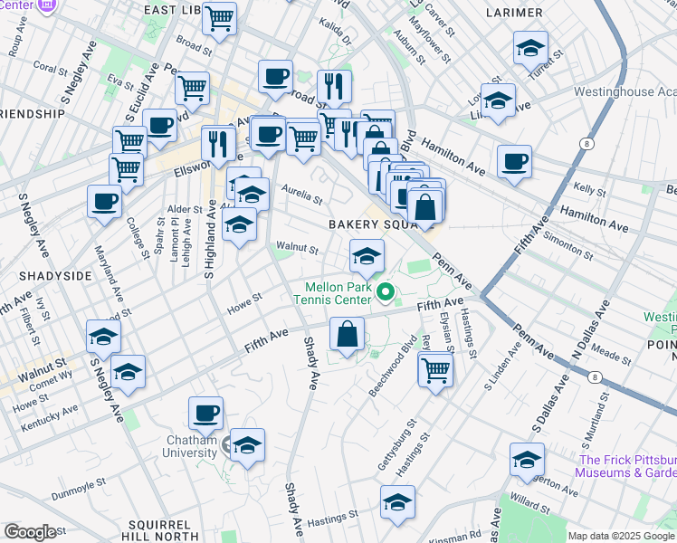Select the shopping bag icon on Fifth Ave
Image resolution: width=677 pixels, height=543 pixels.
point(348,334)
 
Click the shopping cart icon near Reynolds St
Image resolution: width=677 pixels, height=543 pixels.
point(436,368)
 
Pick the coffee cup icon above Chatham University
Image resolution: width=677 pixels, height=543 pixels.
point(205,414)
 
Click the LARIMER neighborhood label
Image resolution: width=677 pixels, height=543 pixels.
point(513,13)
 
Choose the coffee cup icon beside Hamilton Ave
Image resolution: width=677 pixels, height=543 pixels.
point(514,161)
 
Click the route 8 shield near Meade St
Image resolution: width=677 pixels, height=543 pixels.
point(595,376)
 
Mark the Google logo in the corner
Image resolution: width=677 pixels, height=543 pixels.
point(30,532)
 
